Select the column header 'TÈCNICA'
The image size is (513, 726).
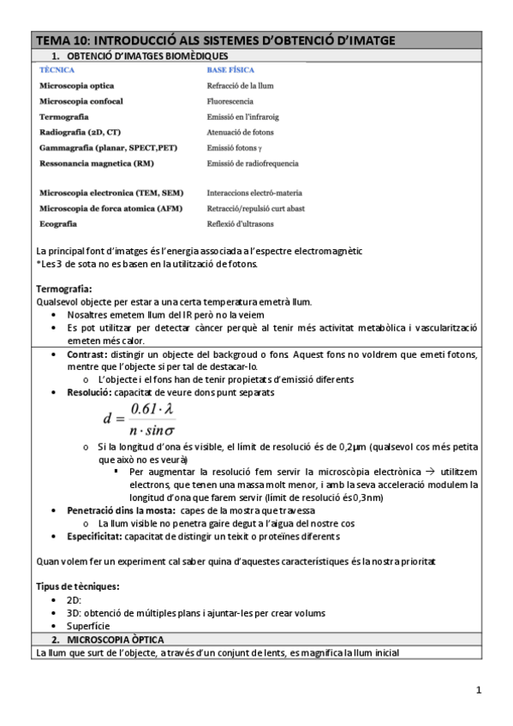(x=57, y=70)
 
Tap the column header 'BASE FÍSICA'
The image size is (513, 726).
(x=230, y=70)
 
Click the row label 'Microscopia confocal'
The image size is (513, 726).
(x=81, y=101)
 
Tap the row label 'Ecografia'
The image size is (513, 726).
(x=58, y=223)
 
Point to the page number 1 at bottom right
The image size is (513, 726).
(x=480, y=689)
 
